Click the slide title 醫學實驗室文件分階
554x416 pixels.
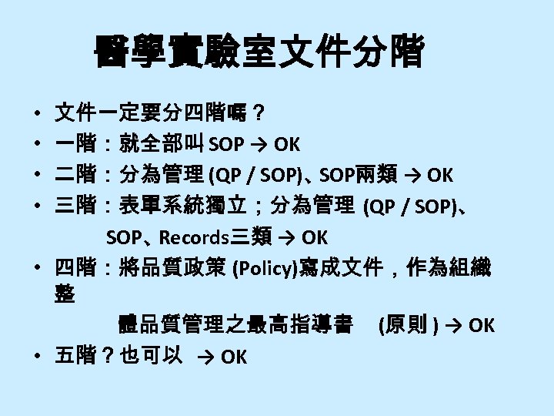(259, 53)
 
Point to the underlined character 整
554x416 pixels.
(65, 294)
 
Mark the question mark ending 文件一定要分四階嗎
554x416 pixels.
(261, 114)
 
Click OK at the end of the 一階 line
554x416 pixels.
(286, 145)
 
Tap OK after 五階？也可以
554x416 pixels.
(234, 357)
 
